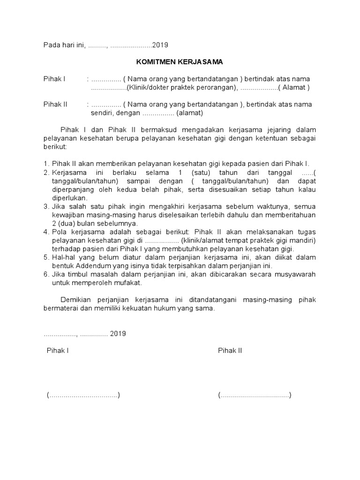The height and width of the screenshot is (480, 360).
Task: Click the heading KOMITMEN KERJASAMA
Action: [180, 62]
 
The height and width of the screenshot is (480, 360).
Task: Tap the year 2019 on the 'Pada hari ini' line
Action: [160, 45]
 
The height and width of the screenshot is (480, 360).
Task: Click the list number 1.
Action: [45, 164]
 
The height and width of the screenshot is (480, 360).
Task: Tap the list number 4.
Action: [45, 232]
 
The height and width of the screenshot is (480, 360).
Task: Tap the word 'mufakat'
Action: [128, 283]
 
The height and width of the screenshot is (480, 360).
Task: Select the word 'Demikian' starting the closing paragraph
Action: [76, 300]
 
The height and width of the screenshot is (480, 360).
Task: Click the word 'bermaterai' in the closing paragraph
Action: [60, 309]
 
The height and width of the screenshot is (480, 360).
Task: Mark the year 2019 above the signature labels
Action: [118, 334]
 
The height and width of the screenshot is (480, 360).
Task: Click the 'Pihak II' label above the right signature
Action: [230, 351]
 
